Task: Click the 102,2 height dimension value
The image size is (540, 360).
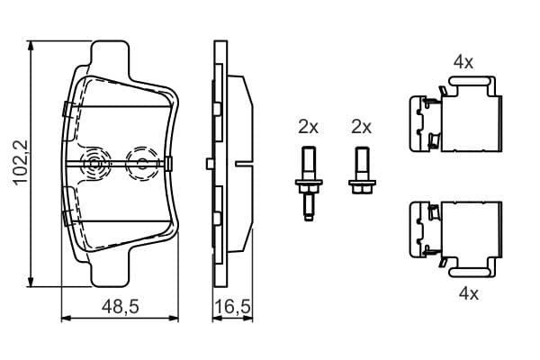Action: click(x=20, y=163)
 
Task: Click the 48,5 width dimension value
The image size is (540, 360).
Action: click(x=121, y=306)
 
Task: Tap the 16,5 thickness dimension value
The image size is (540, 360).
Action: click(x=233, y=307)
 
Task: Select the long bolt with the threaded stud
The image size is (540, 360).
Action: click(x=309, y=184)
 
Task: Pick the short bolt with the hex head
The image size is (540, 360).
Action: click(x=362, y=170)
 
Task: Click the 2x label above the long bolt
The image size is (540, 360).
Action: click(x=308, y=127)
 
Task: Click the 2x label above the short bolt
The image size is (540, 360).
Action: click(x=361, y=127)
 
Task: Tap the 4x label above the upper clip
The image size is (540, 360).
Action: click(x=463, y=63)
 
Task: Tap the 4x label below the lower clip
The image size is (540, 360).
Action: click(x=469, y=294)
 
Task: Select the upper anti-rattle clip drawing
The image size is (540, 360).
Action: click(x=455, y=114)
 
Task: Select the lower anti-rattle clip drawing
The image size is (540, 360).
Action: click(x=455, y=239)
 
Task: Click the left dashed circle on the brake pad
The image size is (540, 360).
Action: click(x=94, y=163)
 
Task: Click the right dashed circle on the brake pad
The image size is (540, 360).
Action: click(x=142, y=163)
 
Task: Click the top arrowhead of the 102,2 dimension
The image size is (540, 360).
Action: click(x=31, y=46)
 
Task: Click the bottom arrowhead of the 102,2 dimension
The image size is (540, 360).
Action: click(x=31, y=281)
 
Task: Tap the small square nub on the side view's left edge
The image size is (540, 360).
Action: click(x=210, y=164)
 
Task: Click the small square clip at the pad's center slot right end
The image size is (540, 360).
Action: click(x=168, y=163)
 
